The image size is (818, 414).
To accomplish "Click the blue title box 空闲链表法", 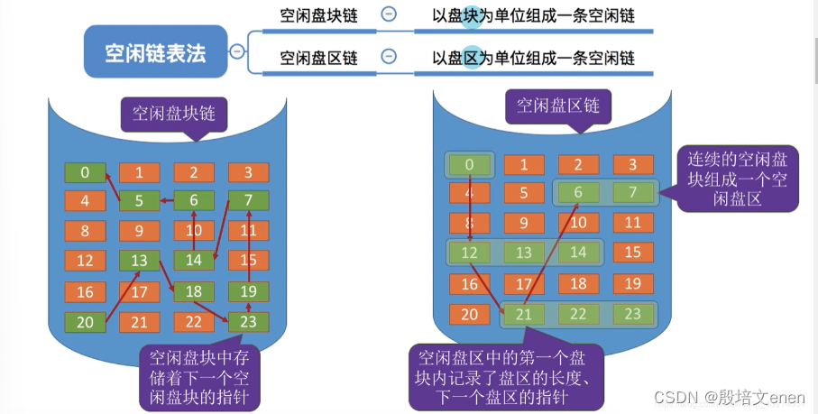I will click(x=155, y=53).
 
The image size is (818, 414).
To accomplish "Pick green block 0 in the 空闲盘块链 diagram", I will click(x=85, y=172).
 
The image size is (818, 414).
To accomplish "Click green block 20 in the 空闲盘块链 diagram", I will click(x=85, y=322).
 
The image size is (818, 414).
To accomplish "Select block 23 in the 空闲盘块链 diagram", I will click(x=248, y=322).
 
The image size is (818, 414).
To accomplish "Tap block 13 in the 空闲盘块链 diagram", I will click(x=140, y=262).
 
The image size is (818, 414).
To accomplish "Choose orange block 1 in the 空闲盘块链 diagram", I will click(x=140, y=172).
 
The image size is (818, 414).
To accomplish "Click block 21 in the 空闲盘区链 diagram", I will click(x=523, y=314).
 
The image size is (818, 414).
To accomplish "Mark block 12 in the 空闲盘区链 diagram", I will click(x=469, y=253).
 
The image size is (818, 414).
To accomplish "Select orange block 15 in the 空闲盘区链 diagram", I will click(x=632, y=253).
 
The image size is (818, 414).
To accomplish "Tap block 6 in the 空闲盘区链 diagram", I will click(x=578, y=192).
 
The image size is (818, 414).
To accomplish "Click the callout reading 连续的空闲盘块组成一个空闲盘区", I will click(x=737, y=179).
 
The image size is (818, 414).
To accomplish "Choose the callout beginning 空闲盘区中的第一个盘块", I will click(x=501, y=377).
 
